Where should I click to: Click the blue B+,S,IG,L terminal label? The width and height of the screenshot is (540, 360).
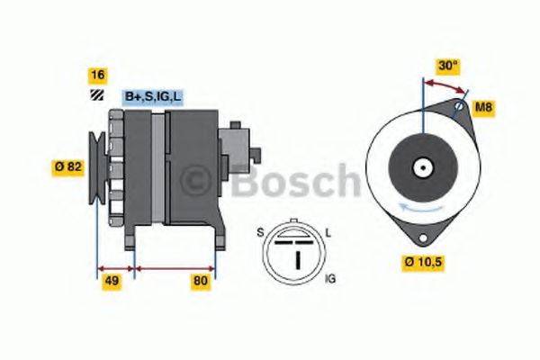click(153, 94)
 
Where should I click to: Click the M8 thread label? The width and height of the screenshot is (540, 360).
click(483, 109)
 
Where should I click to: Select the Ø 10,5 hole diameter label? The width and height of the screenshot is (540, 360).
click(425, 263)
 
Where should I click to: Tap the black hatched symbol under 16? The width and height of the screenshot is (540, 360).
click(94, 95)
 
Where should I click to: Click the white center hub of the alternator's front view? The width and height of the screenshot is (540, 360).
click(421, 166)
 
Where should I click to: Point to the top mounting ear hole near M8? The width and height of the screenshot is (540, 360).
click(459, 109)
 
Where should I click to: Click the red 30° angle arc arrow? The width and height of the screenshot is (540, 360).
click(446, 84)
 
